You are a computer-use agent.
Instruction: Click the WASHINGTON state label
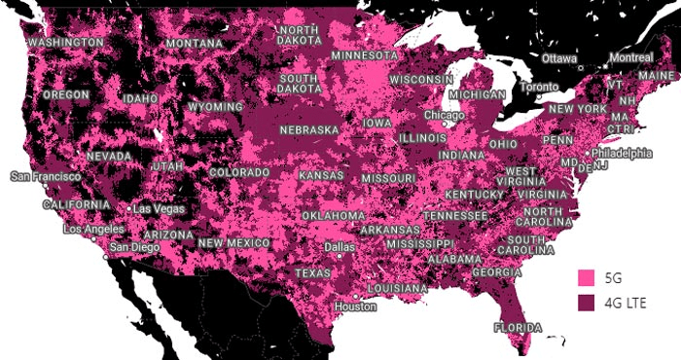click(x=66, y=44)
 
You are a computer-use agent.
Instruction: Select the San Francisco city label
click(x=46, y=177)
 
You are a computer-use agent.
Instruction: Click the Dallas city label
click(x=340, y=248)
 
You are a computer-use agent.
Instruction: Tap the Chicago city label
click(x=444, y=115)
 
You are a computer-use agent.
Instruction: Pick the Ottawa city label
click(x=559, y=58)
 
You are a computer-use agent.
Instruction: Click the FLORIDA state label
click(x=518, y=327)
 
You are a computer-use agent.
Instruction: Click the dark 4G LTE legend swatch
click(x=586, y=306)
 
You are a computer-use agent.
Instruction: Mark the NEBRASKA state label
click(x=308, y=129)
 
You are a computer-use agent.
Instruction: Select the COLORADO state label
click(x=238, y=173)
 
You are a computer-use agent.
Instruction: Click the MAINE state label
click(x=654, y=75)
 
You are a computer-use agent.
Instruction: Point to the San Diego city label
click(x=133, y=247)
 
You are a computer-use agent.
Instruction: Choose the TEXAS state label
click(x=312, y=273)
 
